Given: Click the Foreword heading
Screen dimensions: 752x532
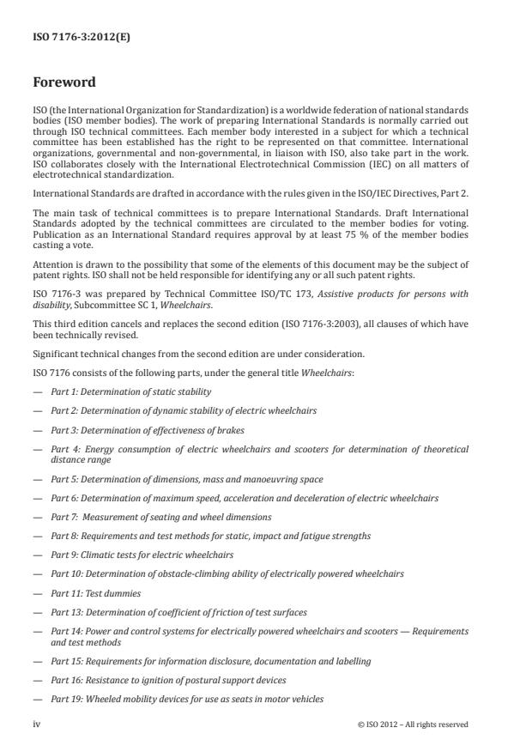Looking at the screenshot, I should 64,83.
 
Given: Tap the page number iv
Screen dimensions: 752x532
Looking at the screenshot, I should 37,725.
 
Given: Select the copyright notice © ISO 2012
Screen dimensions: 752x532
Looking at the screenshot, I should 413,725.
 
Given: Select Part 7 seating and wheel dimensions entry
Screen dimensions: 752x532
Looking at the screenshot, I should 161,517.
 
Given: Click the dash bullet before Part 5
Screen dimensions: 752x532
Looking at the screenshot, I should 39,479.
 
